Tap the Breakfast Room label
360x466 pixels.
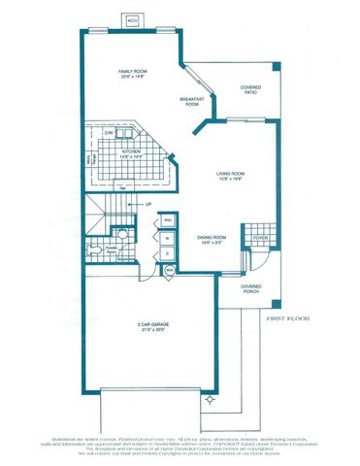189,102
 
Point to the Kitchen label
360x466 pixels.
131,153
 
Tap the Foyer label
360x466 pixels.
260,237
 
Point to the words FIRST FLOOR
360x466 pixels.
291,316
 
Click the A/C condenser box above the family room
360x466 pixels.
133,18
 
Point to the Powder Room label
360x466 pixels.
110,249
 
